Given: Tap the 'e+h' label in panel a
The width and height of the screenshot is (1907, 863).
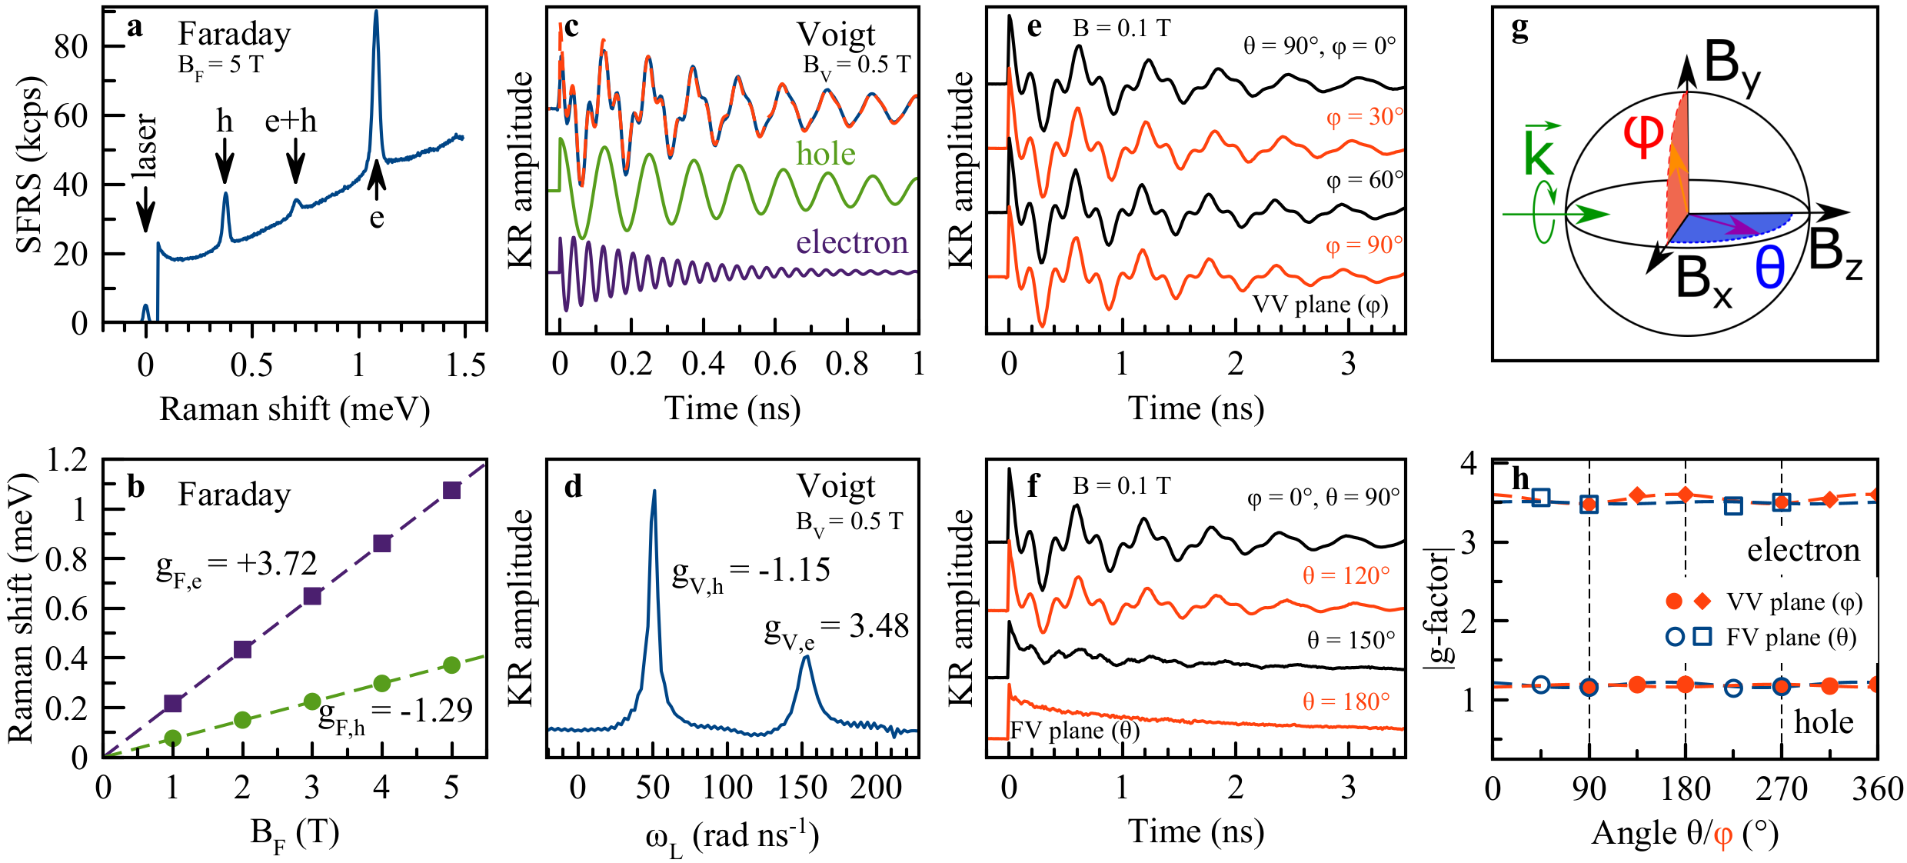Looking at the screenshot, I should [x=291, y=122].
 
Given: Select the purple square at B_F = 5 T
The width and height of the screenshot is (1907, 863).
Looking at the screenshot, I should [x=451, y=490].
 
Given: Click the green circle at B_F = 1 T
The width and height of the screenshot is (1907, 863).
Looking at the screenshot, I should [x=173, y=738].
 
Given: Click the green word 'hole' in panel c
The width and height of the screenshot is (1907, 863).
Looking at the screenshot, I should [x=826, y=154].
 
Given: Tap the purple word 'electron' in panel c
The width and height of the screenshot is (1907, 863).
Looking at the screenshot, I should [x=852, y=242].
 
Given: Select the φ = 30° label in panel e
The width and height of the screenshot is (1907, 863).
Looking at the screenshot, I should [x=1364, y=117].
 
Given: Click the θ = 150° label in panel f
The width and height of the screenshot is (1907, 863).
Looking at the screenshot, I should [x=1351, y=640].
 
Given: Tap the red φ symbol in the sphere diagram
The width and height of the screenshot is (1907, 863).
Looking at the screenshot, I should [x=1642, y=137].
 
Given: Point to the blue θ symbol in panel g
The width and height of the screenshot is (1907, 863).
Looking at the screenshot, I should [x=1769, y=269].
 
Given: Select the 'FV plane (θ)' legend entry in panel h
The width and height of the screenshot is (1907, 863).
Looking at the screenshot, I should [x=1791, y=638].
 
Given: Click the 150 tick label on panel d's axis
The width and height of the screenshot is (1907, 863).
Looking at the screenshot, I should [x=802, y=788].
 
